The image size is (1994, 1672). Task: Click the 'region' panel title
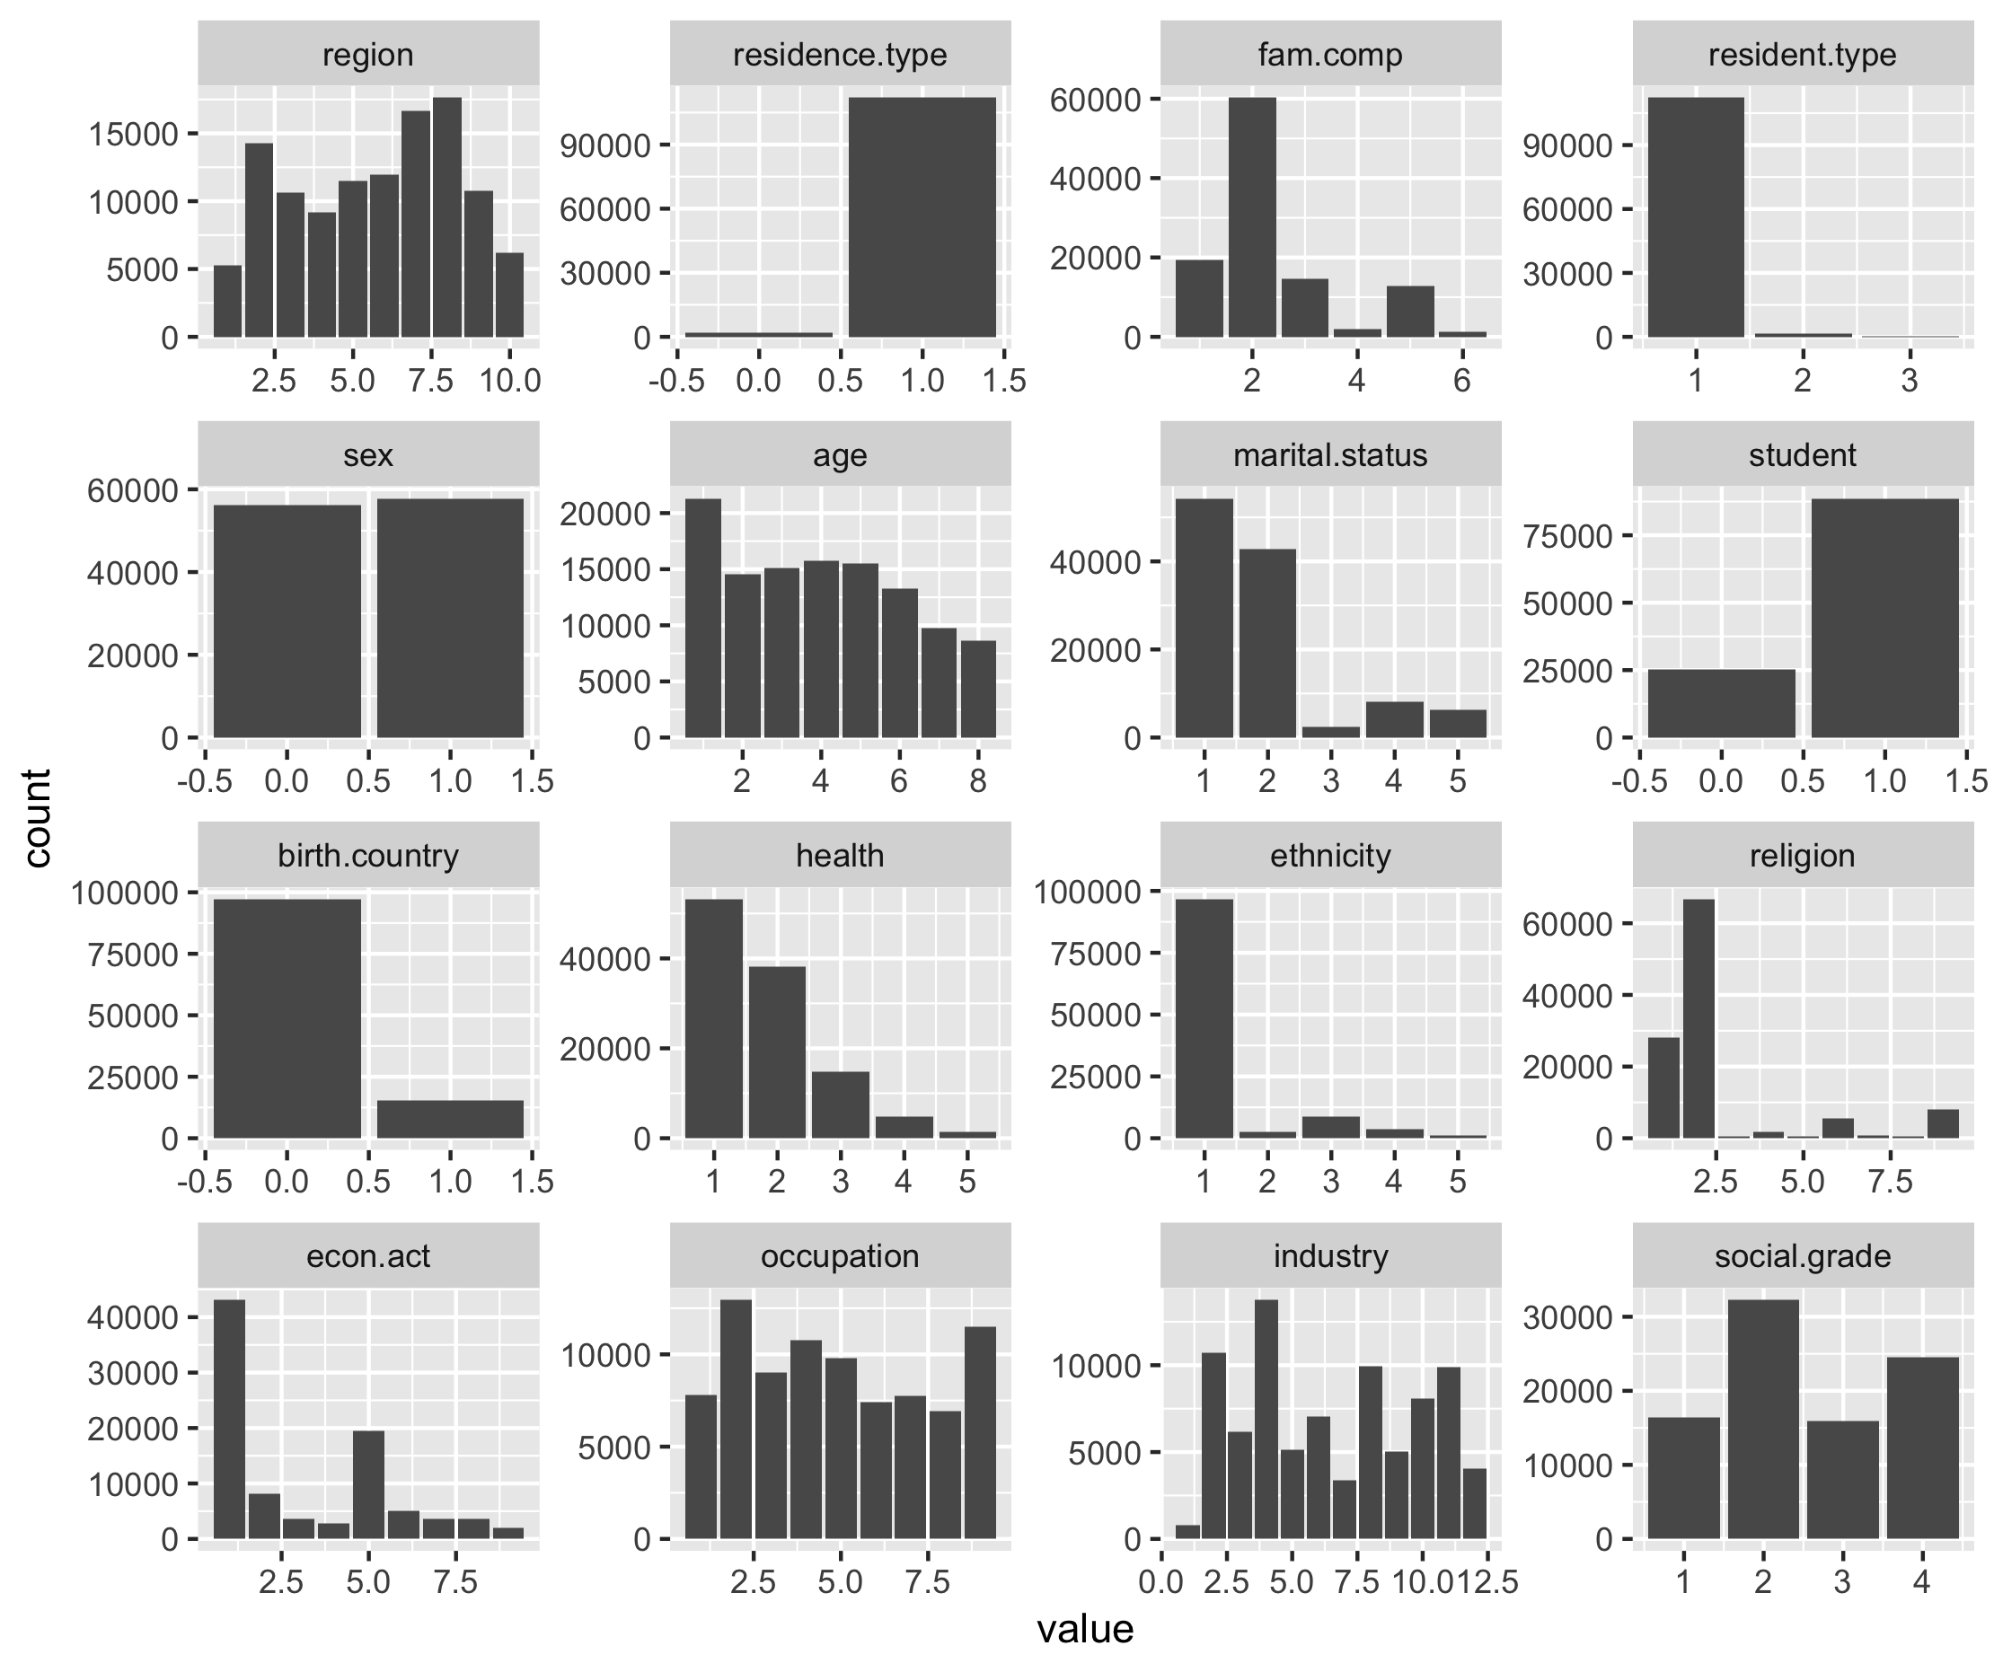pyautogui.click(x=367, y=55)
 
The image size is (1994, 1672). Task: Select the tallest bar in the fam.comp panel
pyautogui.click(x=1251, y=217)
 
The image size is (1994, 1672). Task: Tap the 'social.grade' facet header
pyautogui.click(x=1802, y=1256)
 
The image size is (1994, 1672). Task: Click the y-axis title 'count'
pyautogui.click(x=37, y=818)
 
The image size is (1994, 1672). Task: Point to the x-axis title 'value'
pyautogui.click(x=1084, y=1629)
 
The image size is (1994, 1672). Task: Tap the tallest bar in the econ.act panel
pyautogui.click(x=229, y=1419)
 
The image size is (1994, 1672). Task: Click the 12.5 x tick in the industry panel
pyautogui.click(x=1487, y=1582)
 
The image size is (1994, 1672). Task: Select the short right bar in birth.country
pyautogui.click(x=450, y=1119)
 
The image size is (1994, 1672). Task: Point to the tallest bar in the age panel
pyautogui.click(x=702, y=618)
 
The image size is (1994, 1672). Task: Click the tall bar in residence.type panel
pyautogui.click(x=922, y=217)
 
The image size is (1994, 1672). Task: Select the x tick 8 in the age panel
pyautogui.click(x=978, y=780)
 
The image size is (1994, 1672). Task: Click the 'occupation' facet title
pyautogui.click(x=840, y=1256)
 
